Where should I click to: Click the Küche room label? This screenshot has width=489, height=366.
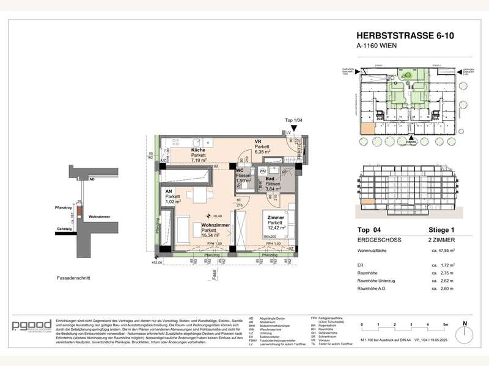(x=197, y=150)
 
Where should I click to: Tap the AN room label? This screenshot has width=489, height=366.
(x=168, y=190)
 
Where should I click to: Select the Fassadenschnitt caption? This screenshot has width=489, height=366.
(x=73, y=277)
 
